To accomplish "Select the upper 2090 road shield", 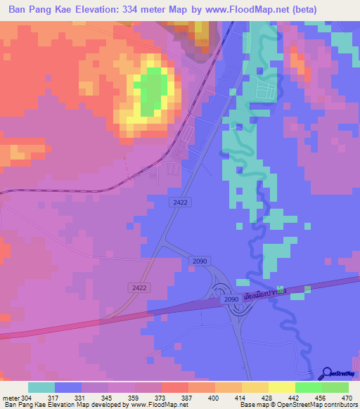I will pyautogui.click(x=199, y=261).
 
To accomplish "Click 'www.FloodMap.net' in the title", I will pyautogui.click(x=246, y=9).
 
